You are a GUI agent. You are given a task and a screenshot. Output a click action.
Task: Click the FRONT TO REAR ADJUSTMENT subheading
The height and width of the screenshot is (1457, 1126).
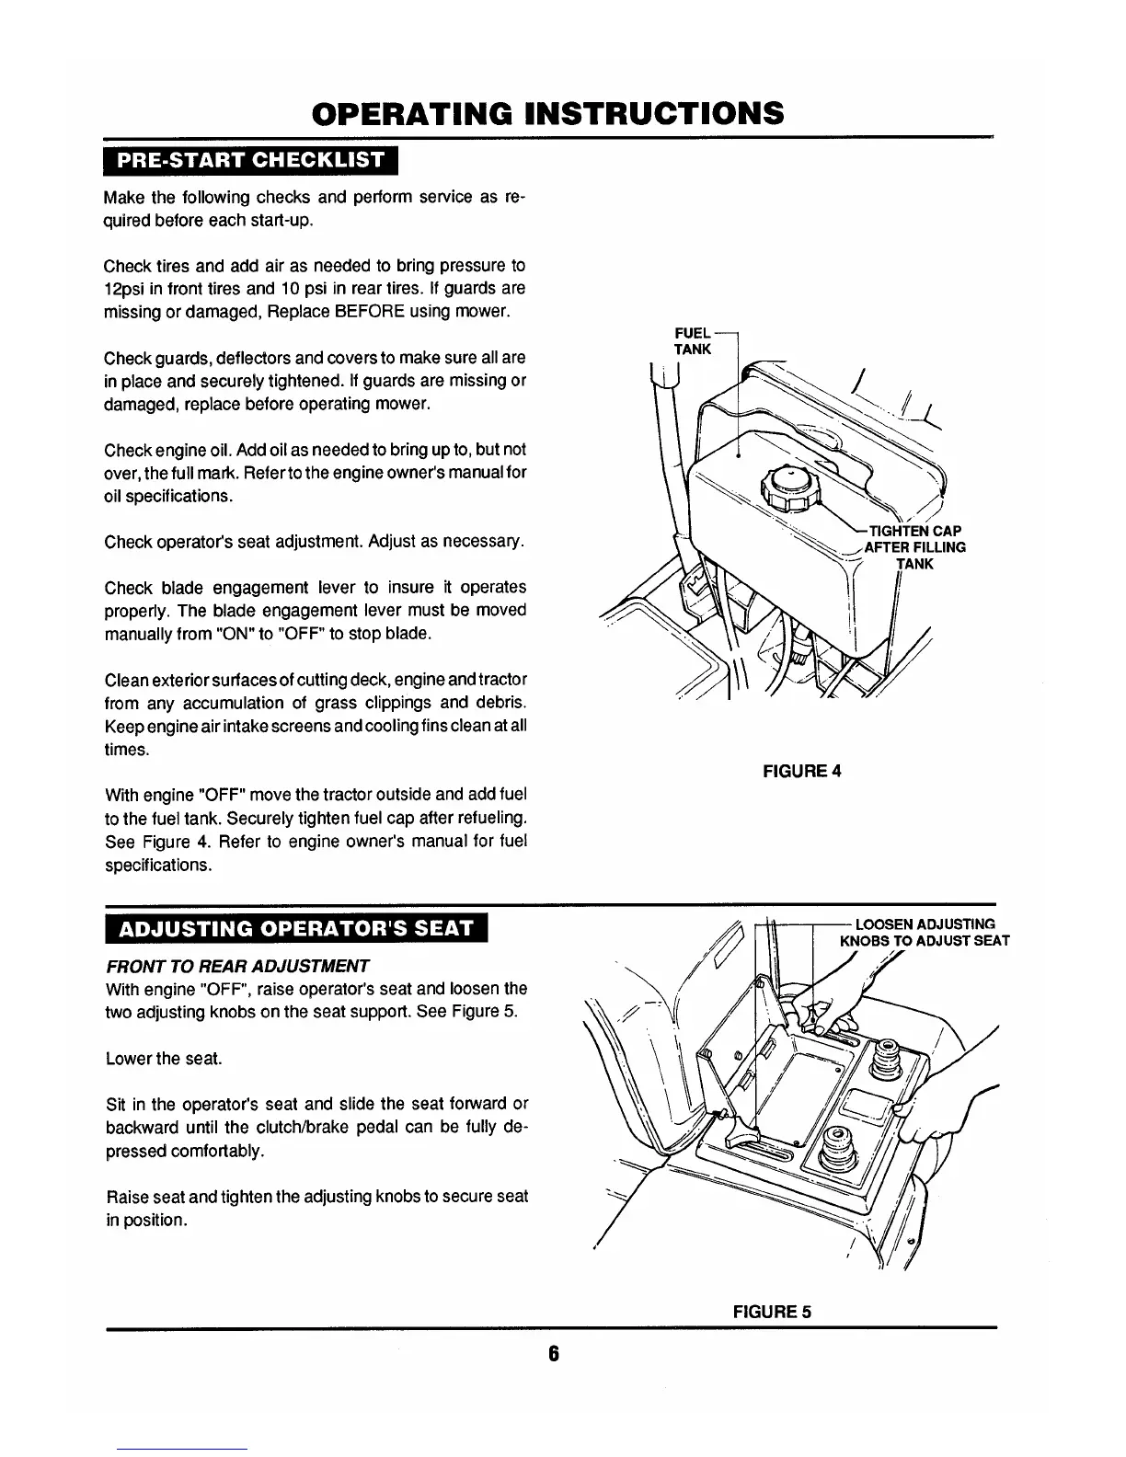237,966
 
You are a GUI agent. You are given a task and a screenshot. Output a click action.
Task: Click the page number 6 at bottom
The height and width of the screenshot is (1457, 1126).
554,1354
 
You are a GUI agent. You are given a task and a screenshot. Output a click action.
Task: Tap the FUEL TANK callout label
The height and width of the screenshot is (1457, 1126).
693,341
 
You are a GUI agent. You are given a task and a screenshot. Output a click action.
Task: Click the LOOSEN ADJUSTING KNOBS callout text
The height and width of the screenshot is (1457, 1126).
925,932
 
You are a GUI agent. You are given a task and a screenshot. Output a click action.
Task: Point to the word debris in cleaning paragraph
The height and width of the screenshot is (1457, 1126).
501,704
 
